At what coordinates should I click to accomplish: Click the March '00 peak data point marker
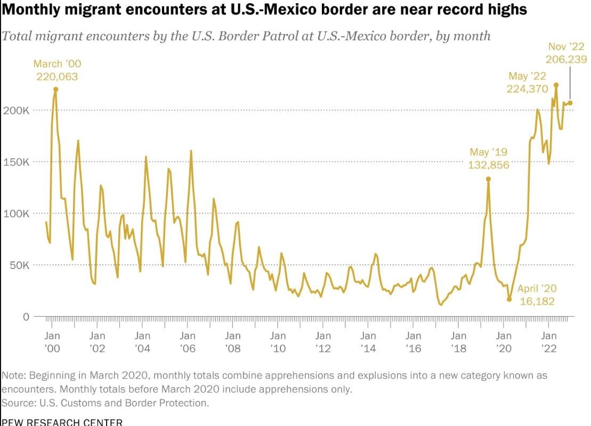pyautogui.click(x=55, y=89)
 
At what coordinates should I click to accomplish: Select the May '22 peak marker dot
pyautogui.click(x=556, y=85)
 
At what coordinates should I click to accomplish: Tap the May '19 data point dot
pyautogui.click(x=488, y=179)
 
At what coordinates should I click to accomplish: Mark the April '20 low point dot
pyautogui.click(x=509, y=299)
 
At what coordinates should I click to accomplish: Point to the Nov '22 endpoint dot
pyautogui.click(x=570, y=103)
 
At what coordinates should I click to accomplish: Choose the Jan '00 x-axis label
pyautogui.click(x=52, y=342)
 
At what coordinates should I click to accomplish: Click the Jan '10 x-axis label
pyautogui.click(x=278, y=342)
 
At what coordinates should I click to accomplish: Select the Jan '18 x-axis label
pyautogui.click(x=458, y=342)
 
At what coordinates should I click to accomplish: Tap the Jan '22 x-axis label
pyautogui.click(x=549, y=342)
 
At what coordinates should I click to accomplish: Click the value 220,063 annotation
pyautogui.click(x=57, y=77)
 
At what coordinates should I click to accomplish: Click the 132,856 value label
pyautogui.click(x=489, y=165)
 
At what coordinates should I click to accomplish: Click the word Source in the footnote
pyautogui.click(x=18, y=403)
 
